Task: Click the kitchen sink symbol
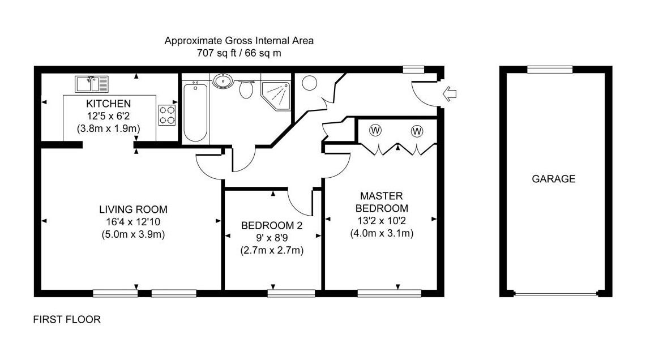pyautogui.click(x=91, y=84)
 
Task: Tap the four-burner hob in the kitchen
pyautogui.click(x=166, y=114)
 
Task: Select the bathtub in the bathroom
pyautogui.click(x=195, y=111)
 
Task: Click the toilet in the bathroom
pyautogui.click(x=246, y=89)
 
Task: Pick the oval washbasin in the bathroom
pyautogui.click(x=223, y=82)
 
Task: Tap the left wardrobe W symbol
pyautogui.click(x=375, y=131)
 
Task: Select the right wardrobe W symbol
pyautogui.click(x=417, y=131)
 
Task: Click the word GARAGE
pyautogui.click(x=553, y=179)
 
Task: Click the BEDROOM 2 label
pyautogui.click(x=272, y=225)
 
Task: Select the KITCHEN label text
pyautogui.click(x=109, y=104)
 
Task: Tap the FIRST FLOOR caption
pyautogui.click(x=67, y=320)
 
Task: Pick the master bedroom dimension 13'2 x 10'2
pyautogui.click(x=380, y=220)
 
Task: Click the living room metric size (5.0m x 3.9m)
pyautogui.click(x=129, y=234)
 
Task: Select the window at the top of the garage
pyautogui.click(x=549, y=70)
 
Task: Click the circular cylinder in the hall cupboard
pyautogui.click(x=310, y=84)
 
